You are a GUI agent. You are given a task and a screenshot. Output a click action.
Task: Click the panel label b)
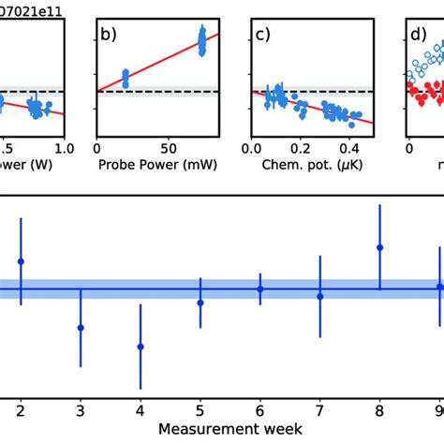point(110,36)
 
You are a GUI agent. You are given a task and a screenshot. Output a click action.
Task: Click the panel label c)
point(263,36)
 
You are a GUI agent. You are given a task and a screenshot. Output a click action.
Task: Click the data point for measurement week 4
point(141,347)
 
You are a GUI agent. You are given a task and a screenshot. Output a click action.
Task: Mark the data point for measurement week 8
point(379,247)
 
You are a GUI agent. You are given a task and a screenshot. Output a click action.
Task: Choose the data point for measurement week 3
point(81,327)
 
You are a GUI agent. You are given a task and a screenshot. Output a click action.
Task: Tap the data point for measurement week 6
point(260,289)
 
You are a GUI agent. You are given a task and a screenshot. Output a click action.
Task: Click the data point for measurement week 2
point(21,261)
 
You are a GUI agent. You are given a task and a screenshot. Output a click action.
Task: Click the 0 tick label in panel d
point(409,148)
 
